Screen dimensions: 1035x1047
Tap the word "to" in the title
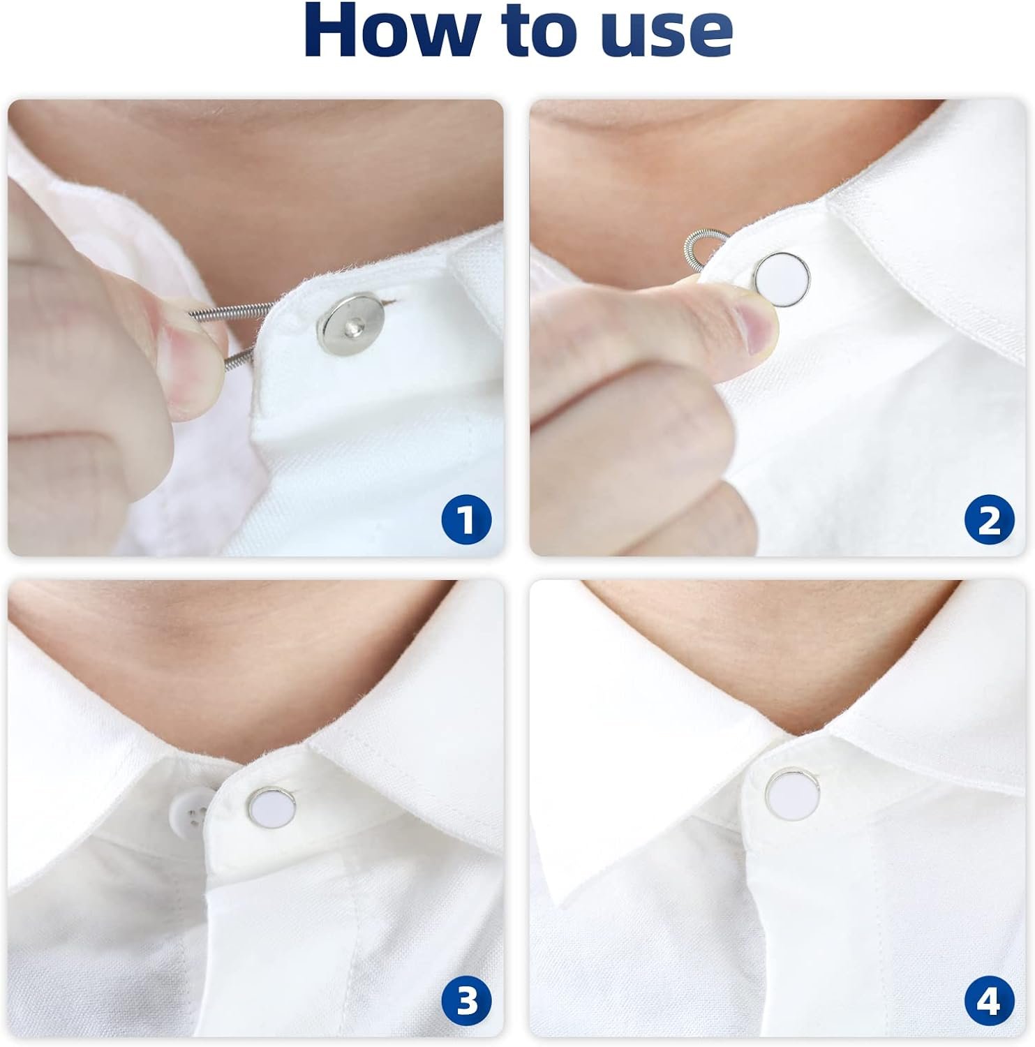[538, 31]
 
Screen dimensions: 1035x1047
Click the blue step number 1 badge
[466, 519]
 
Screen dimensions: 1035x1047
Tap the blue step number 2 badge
[988, 519]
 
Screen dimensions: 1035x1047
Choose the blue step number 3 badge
[466, 1002]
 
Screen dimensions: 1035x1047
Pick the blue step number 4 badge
[988, 1002]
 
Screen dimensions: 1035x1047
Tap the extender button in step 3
[272, 804]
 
